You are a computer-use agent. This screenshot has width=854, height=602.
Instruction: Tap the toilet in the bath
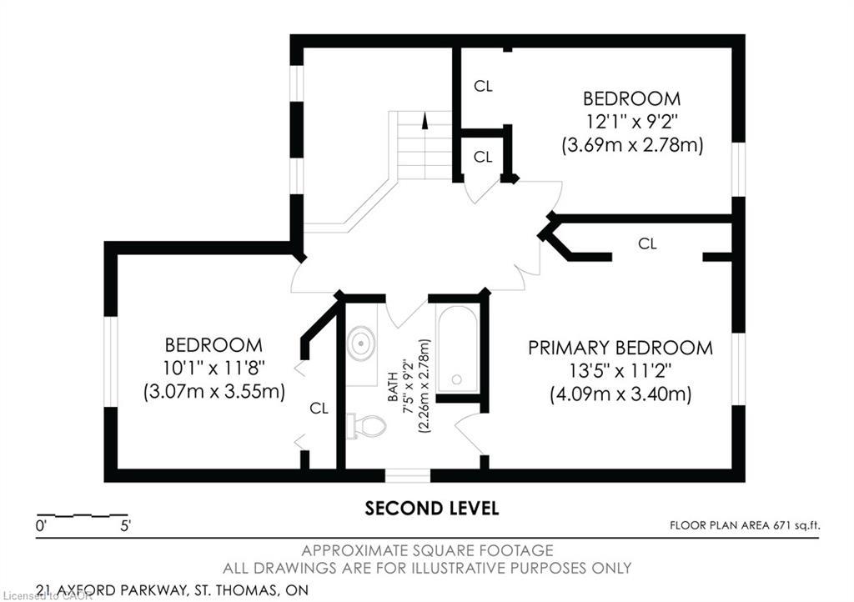click(x=368, y=426)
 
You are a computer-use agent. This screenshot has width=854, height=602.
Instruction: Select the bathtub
click(x=457, y=349)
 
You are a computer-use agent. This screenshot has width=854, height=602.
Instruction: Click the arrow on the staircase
click(x=425, y=120)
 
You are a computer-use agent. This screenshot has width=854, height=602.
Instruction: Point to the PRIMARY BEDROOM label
click(x=620, y=348)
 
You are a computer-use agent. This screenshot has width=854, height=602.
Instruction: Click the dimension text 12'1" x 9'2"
click(x=631, y=121)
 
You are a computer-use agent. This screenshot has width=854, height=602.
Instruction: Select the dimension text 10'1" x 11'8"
click(x=213, y=368)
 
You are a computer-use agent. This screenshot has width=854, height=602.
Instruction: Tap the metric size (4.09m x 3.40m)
click(x=620, y=394)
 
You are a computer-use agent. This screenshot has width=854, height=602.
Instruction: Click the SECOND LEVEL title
click(x=432, y=508)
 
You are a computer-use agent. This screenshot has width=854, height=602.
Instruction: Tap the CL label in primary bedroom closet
click(x=647, y=244)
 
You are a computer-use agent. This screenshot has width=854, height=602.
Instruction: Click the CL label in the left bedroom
click(x=319, y=408)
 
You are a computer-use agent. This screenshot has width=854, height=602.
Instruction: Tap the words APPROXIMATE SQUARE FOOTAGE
click(x=427, y=550)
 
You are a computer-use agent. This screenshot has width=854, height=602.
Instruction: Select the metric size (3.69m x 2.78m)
click(x=631, y=144)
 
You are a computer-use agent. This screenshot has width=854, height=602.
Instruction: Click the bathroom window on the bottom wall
click(x=408, y=475)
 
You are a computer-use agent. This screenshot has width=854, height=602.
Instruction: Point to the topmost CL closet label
click(x=483, y=86)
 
